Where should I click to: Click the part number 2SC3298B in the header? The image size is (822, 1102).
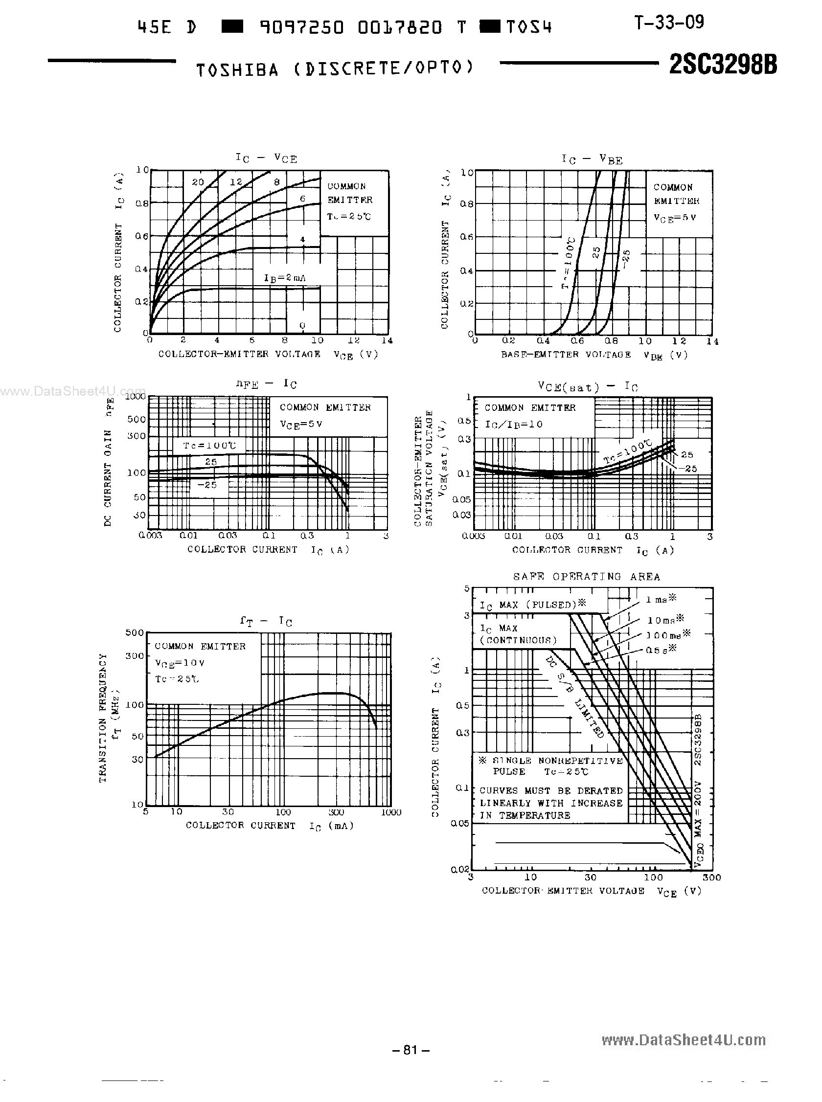[723, 65]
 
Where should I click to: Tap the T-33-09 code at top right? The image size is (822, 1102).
[669, 22]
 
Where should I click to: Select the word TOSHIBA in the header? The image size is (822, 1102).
[237, 70]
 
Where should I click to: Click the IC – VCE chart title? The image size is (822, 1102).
[266, 158]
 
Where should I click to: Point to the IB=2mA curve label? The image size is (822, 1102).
[285, 278]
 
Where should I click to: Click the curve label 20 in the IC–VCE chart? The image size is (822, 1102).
[198, 182]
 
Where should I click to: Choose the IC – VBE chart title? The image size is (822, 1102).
[592, 159]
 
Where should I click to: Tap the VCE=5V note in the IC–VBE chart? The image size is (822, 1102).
[675, 217]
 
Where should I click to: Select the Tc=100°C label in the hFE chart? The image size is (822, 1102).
[209, 446]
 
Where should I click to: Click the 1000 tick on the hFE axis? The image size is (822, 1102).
[136, 396]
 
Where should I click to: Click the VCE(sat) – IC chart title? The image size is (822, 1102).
[588, 387]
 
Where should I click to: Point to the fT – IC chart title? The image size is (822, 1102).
[266, 621]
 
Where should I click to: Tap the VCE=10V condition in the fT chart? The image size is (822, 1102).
[180, 663]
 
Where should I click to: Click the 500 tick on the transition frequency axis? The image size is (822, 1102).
[135, 633]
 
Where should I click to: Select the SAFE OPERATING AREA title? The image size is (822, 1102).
[587, 577]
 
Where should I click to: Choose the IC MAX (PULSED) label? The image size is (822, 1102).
[532, 605]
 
